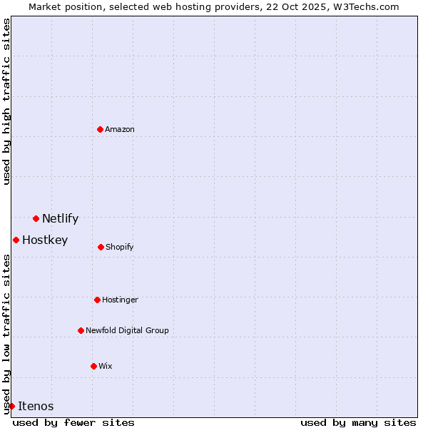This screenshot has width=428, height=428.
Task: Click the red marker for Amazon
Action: (x=100, y=129)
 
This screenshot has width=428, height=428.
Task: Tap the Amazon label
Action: (x=120, y=130)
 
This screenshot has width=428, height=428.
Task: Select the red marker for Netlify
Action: (x=36, y=218)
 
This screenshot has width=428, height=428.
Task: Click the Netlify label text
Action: (x=60, y=219)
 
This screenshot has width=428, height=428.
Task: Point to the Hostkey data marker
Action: (x=16, y=240)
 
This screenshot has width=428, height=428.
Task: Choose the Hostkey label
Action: (x=45, y=240)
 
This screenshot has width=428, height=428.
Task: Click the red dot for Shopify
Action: (x=101, y=247)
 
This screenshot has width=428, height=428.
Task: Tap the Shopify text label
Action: (x=120, y=248)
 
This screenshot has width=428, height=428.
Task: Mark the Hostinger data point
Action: (x=97, y=300)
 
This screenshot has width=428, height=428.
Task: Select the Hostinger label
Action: (x=120, y=300)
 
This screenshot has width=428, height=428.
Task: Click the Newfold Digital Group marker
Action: (x=81, y=330)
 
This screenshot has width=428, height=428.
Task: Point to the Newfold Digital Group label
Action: (x=127, y=331)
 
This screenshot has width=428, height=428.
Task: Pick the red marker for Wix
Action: (x=93, y=366)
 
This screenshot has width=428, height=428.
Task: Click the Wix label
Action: (x=106, y=367)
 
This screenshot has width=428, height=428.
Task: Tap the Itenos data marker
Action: (x=11, y=406)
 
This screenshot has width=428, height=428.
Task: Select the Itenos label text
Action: (x=36, y=407)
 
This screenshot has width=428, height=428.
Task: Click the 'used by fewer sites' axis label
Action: (x=73, y=422)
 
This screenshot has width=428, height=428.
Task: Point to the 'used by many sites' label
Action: (x=358, y=422)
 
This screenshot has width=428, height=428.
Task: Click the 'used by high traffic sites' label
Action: (x=6, y=101)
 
